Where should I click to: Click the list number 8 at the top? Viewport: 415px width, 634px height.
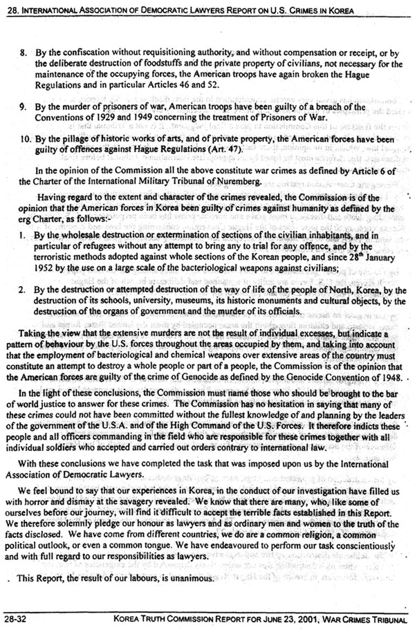pyautogui.click(x=23, y=32)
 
